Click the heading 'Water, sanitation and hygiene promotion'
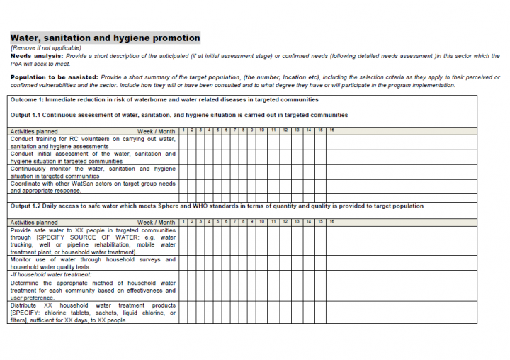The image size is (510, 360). pyautogui.click(x=105, y=38)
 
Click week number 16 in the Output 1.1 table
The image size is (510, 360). pyautogui.click(x=331, y=130)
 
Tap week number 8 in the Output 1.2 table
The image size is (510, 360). pyautogui.click(x=243, y=222)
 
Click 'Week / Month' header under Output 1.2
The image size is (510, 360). pyautogui.click(x=156, y=223)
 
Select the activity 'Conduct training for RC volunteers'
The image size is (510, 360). pyautogui.click(x=93, y=139)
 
